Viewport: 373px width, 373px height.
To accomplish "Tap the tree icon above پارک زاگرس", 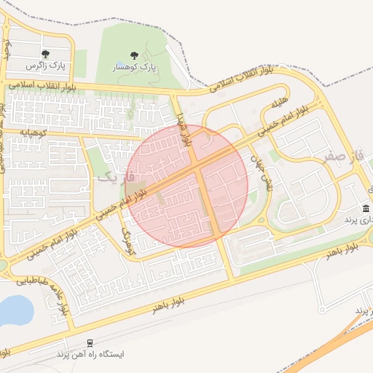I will coord(45,54).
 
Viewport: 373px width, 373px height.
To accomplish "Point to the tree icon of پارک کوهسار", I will coord(133,55).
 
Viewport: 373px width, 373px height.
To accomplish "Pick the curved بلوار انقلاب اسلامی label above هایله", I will coord(241,79).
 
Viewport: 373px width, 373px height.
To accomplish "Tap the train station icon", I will coord(90,342).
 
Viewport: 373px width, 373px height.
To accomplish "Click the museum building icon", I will coord(365,209).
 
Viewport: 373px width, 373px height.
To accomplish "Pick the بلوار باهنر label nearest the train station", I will coord(165,305).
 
